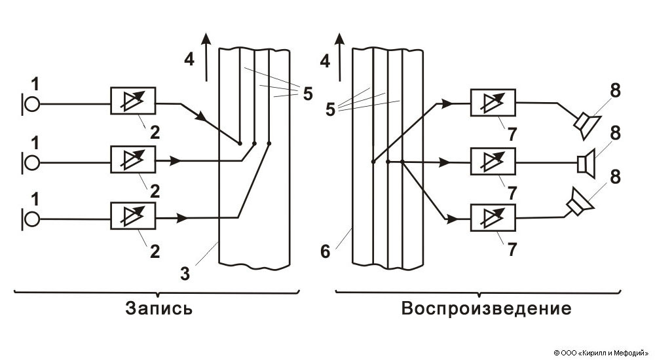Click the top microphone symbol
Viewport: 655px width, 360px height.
tap(31, 104)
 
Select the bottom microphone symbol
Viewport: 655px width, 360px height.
tap(31, 218)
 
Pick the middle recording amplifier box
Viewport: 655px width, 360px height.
tap(133, 160)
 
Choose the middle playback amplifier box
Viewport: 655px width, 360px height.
tap(493, 160)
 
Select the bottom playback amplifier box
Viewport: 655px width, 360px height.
tap(493, 218)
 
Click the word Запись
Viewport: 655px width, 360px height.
tap(160, 308)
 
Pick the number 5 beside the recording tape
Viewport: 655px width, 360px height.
tap(307, 92)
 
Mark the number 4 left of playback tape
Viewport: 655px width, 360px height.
tap(324, 62)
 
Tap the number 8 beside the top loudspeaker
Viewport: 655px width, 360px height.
tap(614, 92)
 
